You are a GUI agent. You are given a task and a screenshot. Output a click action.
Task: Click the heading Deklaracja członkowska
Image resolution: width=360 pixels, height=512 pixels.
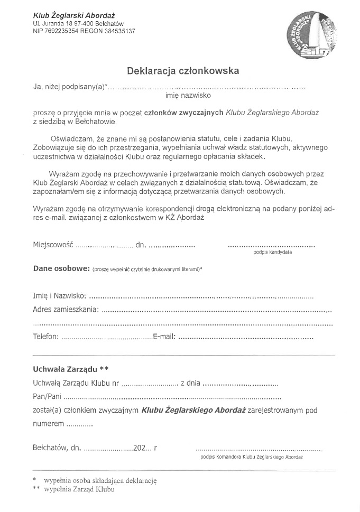coord(182,70)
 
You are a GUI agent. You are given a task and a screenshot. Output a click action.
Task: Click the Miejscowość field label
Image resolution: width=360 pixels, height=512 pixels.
coord(52,245)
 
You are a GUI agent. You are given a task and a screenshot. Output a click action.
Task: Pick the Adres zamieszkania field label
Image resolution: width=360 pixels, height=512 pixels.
coord(65,309)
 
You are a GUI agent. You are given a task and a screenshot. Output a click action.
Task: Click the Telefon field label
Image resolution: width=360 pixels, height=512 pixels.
coord(45,337)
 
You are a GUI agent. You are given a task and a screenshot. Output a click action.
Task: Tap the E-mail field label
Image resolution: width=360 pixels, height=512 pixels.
coord(164,337)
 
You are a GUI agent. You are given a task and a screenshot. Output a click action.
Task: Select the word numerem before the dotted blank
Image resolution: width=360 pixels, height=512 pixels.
coord(48,424)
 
